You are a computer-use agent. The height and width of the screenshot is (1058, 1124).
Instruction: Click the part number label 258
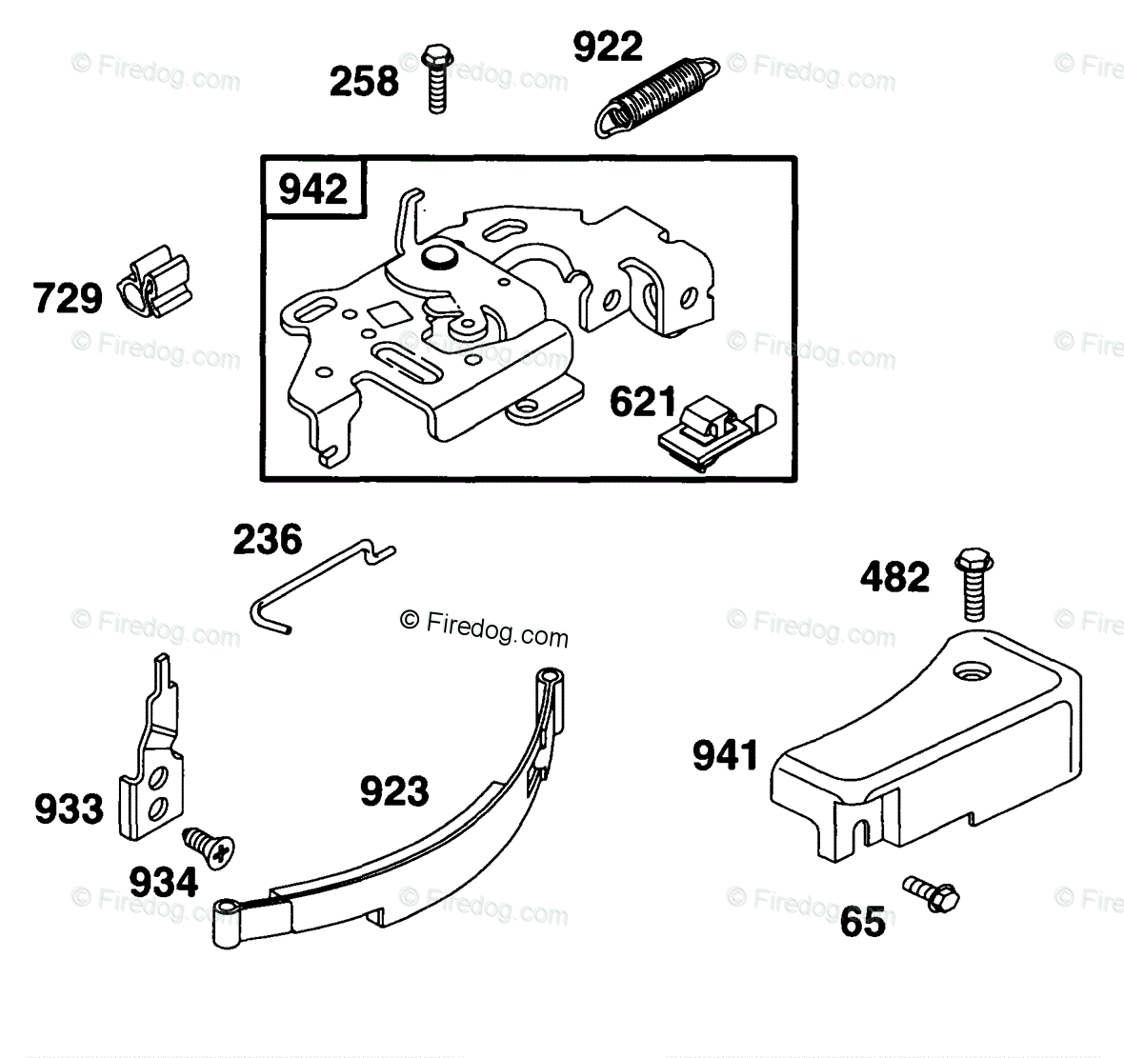[x=364, y=81]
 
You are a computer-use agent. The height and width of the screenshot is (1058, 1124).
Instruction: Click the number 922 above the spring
[x=608, y=47]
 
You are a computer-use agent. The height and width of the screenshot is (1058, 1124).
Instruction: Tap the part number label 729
[x=67, y=298]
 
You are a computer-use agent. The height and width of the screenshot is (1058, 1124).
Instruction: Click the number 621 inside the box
[x=643, y=403]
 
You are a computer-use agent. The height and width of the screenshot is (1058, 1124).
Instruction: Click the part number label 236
[x=268, y=540]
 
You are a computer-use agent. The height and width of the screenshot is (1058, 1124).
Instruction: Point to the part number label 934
[x=164, y=882]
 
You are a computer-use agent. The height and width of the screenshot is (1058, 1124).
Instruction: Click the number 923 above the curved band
[x=394, y=790]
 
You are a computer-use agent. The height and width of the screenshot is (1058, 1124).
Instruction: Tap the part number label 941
[x=725, y=756]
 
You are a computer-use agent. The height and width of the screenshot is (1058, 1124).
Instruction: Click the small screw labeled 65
[x=933, y=892]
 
